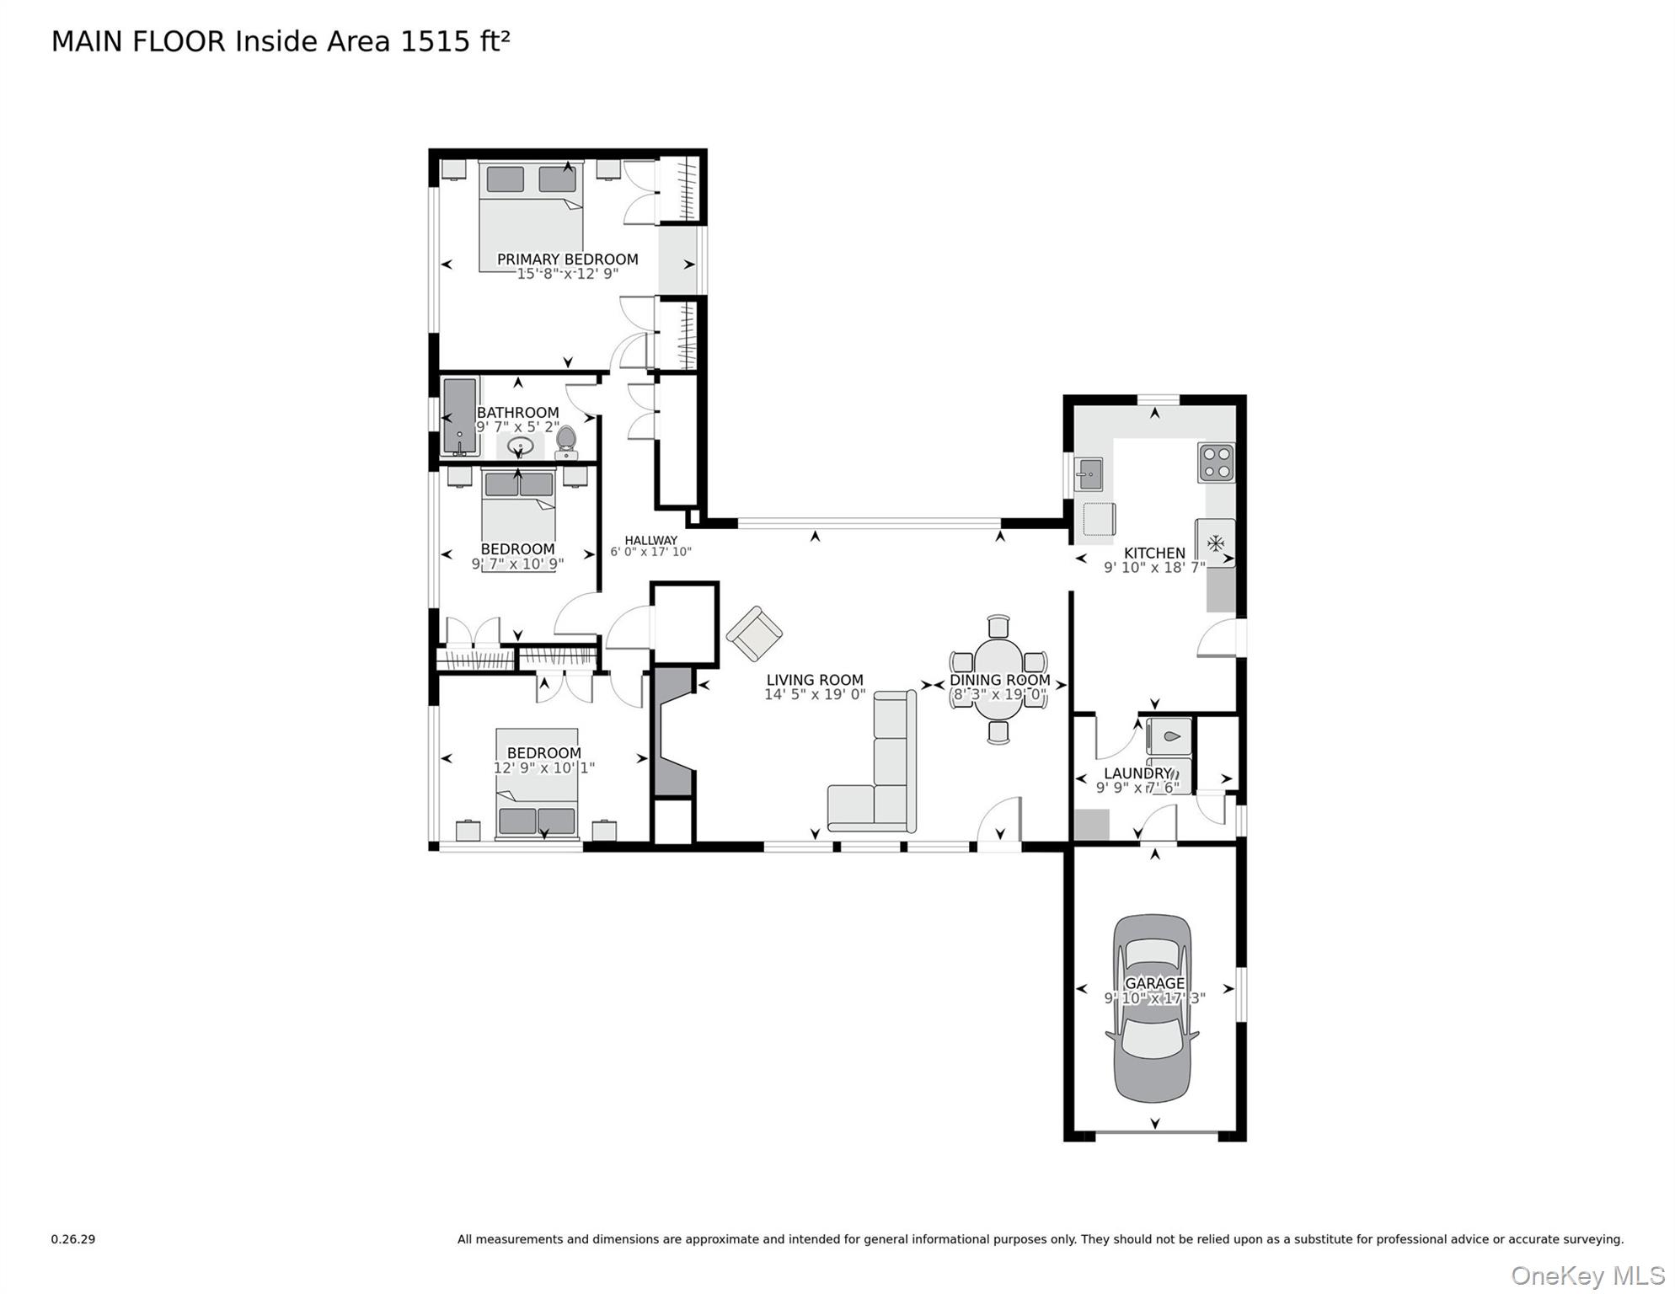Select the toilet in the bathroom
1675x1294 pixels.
tap(566, 441)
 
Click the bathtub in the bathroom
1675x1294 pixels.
tap(459, 416)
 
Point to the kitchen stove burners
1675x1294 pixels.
tap(1216, 463)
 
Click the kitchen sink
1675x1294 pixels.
tap(1089, 474)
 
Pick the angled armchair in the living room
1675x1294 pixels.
tap(754, 634)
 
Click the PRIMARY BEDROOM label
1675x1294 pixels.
tap(567, 259)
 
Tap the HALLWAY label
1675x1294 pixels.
tap(650, 541)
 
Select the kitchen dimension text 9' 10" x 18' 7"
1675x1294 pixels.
tap(1154, 568)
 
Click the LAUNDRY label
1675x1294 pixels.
tap(1137, 773)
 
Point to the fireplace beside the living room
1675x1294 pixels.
tap(672, 730)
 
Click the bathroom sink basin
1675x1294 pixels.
tap(521, 446)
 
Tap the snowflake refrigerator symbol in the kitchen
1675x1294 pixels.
tap(1215, 543)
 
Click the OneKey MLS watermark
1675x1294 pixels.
tap(1587, 1275)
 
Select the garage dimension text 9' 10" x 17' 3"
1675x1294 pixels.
tap(1154, 998)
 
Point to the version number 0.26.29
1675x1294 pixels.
tap(73, 1239)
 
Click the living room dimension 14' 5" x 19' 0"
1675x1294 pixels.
tap(815, 695)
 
